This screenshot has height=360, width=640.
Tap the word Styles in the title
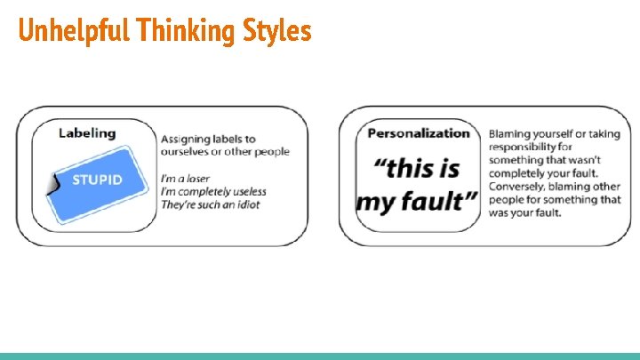(x=276, y=31)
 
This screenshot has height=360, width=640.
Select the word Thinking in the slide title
(x=187, y=31)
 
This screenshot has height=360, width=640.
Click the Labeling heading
(x=87, y=132)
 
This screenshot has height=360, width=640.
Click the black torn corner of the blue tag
(x=52, y=183)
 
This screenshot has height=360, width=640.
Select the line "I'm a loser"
(x=186, y=179)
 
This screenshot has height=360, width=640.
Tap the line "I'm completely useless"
(x=212, y=192)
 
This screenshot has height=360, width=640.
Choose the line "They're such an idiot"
(x=212, y=205)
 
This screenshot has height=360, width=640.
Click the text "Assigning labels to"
(x=208, y=139)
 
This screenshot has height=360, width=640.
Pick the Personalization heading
(x=419, y=133)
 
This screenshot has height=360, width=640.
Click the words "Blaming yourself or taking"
(x=554, y=134)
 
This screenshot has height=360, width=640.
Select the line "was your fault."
(x=524, y=212)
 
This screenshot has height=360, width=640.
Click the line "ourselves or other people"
(x=225, y=151)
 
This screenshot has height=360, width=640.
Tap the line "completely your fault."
(x=543, y=172)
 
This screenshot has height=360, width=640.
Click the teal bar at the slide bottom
(x=320, y=356)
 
